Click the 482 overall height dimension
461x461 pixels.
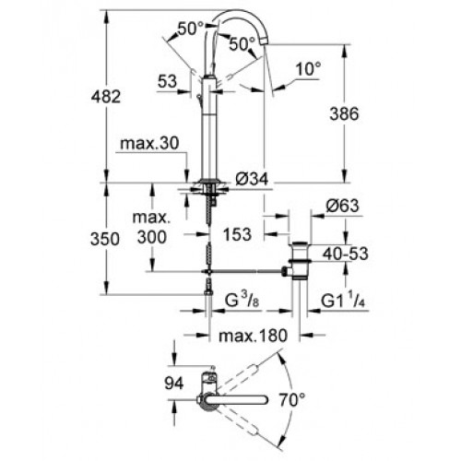(106, 97)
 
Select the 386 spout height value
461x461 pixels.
(344, 114)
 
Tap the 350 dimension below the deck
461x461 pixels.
(105, 239)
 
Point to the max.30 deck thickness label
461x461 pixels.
(149, 144)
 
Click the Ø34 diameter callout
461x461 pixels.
(252, 178)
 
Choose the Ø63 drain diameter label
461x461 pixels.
(342, 206)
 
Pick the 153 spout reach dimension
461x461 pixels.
(237, 234)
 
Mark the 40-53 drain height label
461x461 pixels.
(345, 254)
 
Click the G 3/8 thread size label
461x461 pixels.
(242, 301)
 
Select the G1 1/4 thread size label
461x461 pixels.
(343, 301)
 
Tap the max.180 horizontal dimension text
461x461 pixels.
(253, 336)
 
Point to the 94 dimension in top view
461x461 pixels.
(174, 384)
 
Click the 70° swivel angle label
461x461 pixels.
(292, 400)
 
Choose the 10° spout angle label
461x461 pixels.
(309, 69)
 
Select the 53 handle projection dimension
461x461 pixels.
(168, 81)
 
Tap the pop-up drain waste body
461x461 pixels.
(300, 261)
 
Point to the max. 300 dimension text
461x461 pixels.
(152, 228)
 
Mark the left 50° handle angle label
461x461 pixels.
(191, 29)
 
